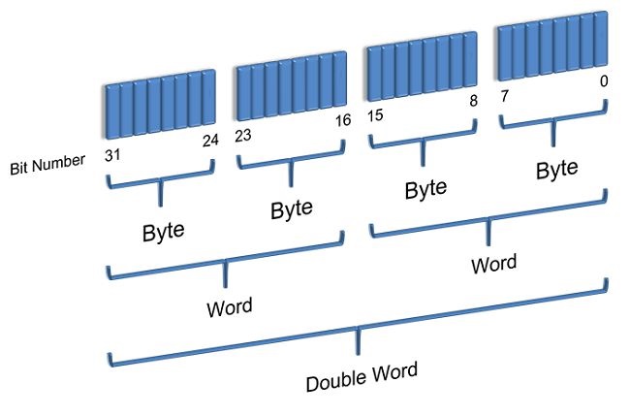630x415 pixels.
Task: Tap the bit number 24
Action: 209,142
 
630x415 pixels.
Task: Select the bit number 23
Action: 243,136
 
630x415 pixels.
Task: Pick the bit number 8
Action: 471,102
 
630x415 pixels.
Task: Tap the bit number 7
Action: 504,97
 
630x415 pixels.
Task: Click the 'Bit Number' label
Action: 47,167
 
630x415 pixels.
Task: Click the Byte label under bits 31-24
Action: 164,233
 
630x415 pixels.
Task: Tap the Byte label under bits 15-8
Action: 425,188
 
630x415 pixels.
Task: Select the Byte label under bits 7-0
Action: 556,169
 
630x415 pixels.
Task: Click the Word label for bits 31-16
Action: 230,308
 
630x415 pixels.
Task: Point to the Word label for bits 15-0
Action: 493,263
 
